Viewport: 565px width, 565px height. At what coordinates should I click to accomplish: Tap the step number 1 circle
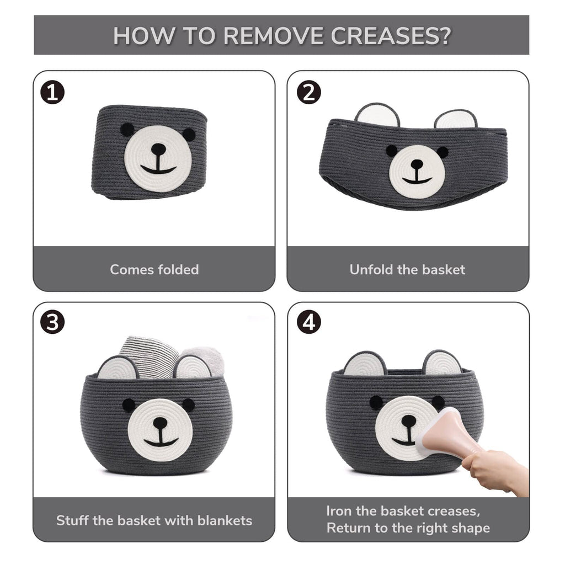tap(52, 92)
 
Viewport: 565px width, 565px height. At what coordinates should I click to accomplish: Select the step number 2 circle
tap(309, 92)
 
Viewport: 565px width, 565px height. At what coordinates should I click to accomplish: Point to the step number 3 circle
tap(52, 322)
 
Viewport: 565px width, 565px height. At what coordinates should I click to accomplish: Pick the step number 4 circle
tap(309, 322)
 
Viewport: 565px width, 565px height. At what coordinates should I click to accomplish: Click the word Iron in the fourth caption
tap(339, 511)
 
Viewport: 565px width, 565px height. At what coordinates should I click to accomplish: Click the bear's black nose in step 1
tap(158, 148)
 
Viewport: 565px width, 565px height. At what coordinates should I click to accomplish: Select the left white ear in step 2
tap(377, 115)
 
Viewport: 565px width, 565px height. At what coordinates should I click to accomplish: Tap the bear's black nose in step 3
tap(160, 422)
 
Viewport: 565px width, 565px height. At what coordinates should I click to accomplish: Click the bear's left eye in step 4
tap(376, 402)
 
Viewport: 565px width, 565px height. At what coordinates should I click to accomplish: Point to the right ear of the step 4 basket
tap(443, 362)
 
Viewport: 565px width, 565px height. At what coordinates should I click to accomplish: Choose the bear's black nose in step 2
tap(417, 164)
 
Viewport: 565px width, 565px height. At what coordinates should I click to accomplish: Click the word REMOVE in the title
tap(273, 36)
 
